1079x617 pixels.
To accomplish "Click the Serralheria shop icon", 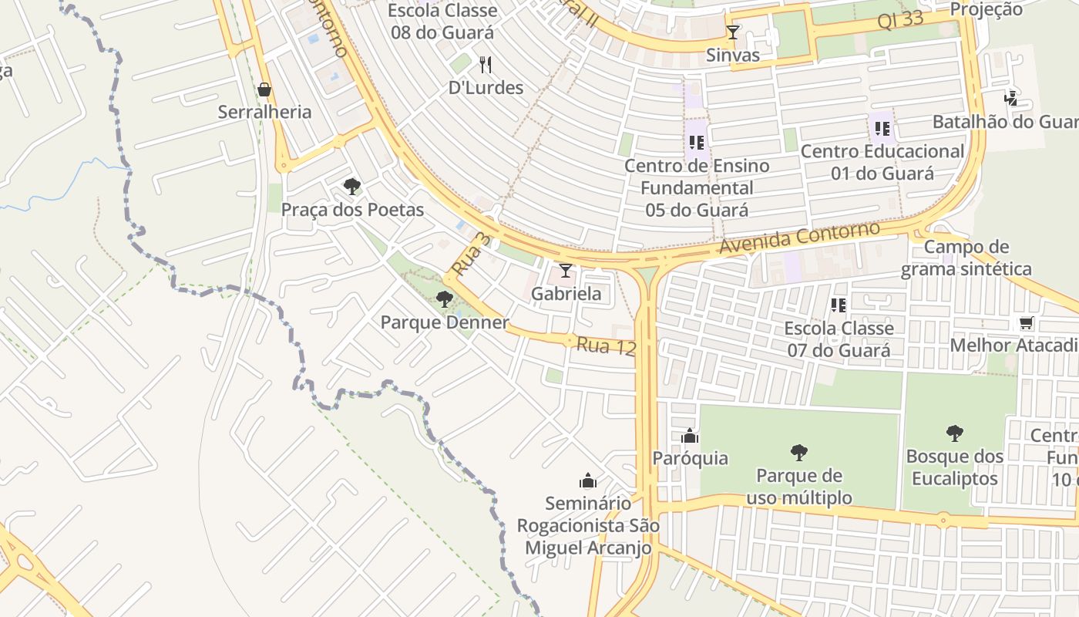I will [x=264, y=90].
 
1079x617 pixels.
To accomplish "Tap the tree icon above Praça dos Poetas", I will [x=352, y=187].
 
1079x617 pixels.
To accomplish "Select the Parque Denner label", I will [x=445, y=322].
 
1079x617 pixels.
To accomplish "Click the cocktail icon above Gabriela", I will [x=566, y=271].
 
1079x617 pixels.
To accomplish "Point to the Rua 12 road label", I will [x=606, y=346].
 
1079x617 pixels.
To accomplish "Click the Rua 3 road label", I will [x=471, y=255].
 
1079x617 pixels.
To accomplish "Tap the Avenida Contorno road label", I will [x=799, y=238].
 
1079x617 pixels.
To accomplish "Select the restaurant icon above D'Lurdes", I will [x=486, y=64].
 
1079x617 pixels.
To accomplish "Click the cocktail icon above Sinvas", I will [x=733, y=32].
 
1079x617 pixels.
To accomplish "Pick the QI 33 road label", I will [x=900, y=20].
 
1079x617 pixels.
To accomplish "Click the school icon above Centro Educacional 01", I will [x=882, y=129].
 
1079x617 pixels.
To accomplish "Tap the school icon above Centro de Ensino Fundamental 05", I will [x=697, y=143].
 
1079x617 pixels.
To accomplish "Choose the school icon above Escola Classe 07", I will [x=839, y=305].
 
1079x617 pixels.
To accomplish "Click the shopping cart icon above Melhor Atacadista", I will [x=1026, y=323].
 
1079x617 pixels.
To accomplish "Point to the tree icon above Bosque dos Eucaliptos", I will [x=955, y=433].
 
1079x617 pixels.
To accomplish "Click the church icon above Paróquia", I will [x=690, y=437].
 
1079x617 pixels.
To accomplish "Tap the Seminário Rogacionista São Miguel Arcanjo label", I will [x=588, y=525].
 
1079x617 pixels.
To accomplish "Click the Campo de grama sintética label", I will [x=966, y=258].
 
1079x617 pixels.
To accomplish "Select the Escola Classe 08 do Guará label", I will [x=442, y=22].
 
